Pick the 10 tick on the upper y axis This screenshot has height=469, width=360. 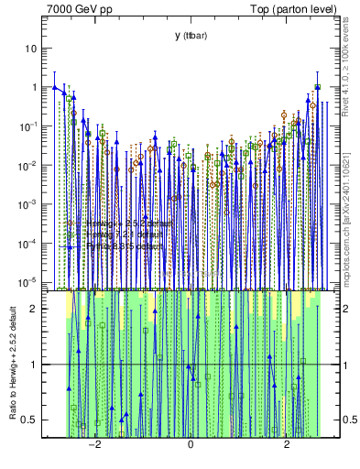pos(31,48)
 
